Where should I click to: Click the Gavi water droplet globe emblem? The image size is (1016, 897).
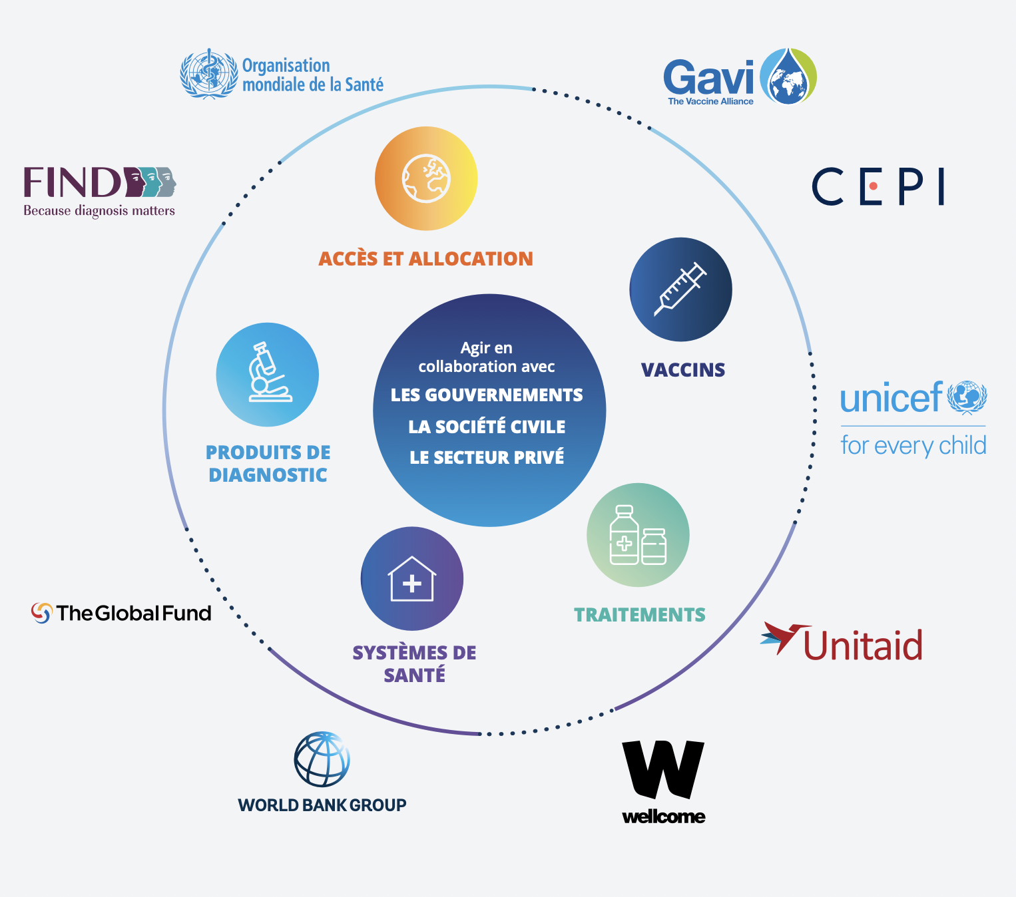point(788,77)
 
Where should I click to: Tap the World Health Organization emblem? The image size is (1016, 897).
point(209,74)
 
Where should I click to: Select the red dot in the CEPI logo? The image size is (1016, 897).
point(873,186)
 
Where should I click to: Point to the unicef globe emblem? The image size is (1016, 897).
point(967,397)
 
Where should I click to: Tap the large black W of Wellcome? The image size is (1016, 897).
point(662,769)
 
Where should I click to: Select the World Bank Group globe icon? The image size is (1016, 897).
point(322,759)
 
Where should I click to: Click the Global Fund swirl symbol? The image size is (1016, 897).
point(41,613)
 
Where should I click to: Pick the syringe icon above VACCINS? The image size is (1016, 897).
point(680,289)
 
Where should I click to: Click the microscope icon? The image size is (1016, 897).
point(268,374)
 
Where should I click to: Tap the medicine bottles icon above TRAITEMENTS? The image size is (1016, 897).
point(638,535)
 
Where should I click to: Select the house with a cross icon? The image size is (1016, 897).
point(412,579)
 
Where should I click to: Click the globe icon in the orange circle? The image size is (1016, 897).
point(426,178)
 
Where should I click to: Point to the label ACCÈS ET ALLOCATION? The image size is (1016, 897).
point(425,259)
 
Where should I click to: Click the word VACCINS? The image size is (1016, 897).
point(682,370)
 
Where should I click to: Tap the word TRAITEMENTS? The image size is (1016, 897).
point(639,615)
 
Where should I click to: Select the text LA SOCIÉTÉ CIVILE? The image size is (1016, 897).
point(487,427)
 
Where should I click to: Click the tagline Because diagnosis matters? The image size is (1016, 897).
point(99,211)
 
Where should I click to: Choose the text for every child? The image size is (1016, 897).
point(913,445)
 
